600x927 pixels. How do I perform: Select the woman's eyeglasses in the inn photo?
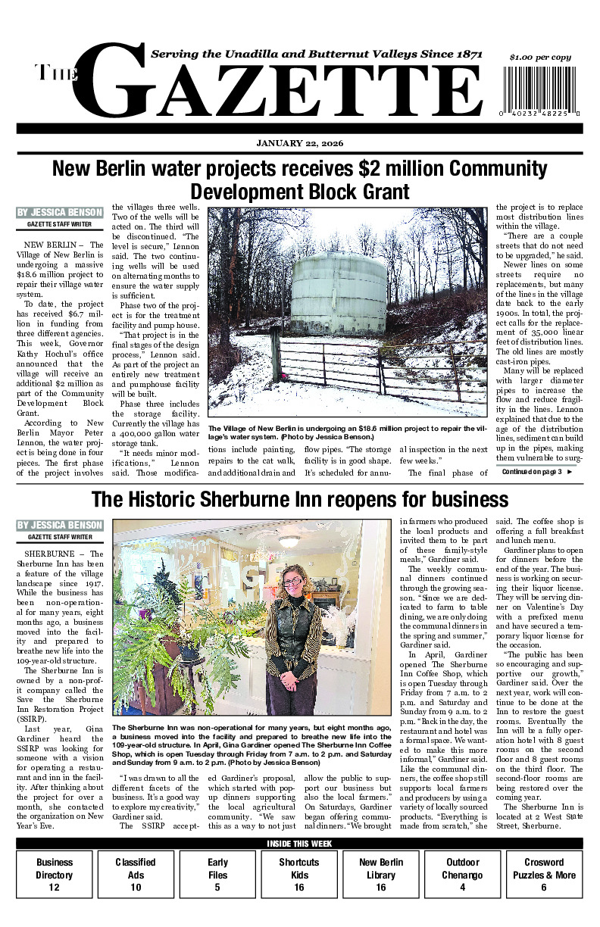pyautogui.click(x=292, y=582)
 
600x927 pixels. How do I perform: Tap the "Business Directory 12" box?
pyautogui.click(x=55, y=874)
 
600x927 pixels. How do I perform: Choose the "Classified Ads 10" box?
pyautogui.click(x=136, y=874)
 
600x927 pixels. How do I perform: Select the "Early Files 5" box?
pyautogui.click(x=217, y=874)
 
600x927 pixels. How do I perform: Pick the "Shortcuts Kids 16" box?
pyautogui.click(x=298, y=874)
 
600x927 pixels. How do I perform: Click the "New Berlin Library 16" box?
pyautogui.click(x=380, y=874)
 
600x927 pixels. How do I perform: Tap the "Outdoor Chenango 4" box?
pyautogui.click(x=462, y=874)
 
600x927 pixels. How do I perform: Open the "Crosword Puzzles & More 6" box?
pyautogui.click(x=544, y=874)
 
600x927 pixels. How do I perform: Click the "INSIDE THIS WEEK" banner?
pyautogui.click(x=300, y=844)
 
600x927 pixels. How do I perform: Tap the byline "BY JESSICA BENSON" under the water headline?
pyautogui.click(x=59, y=213)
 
